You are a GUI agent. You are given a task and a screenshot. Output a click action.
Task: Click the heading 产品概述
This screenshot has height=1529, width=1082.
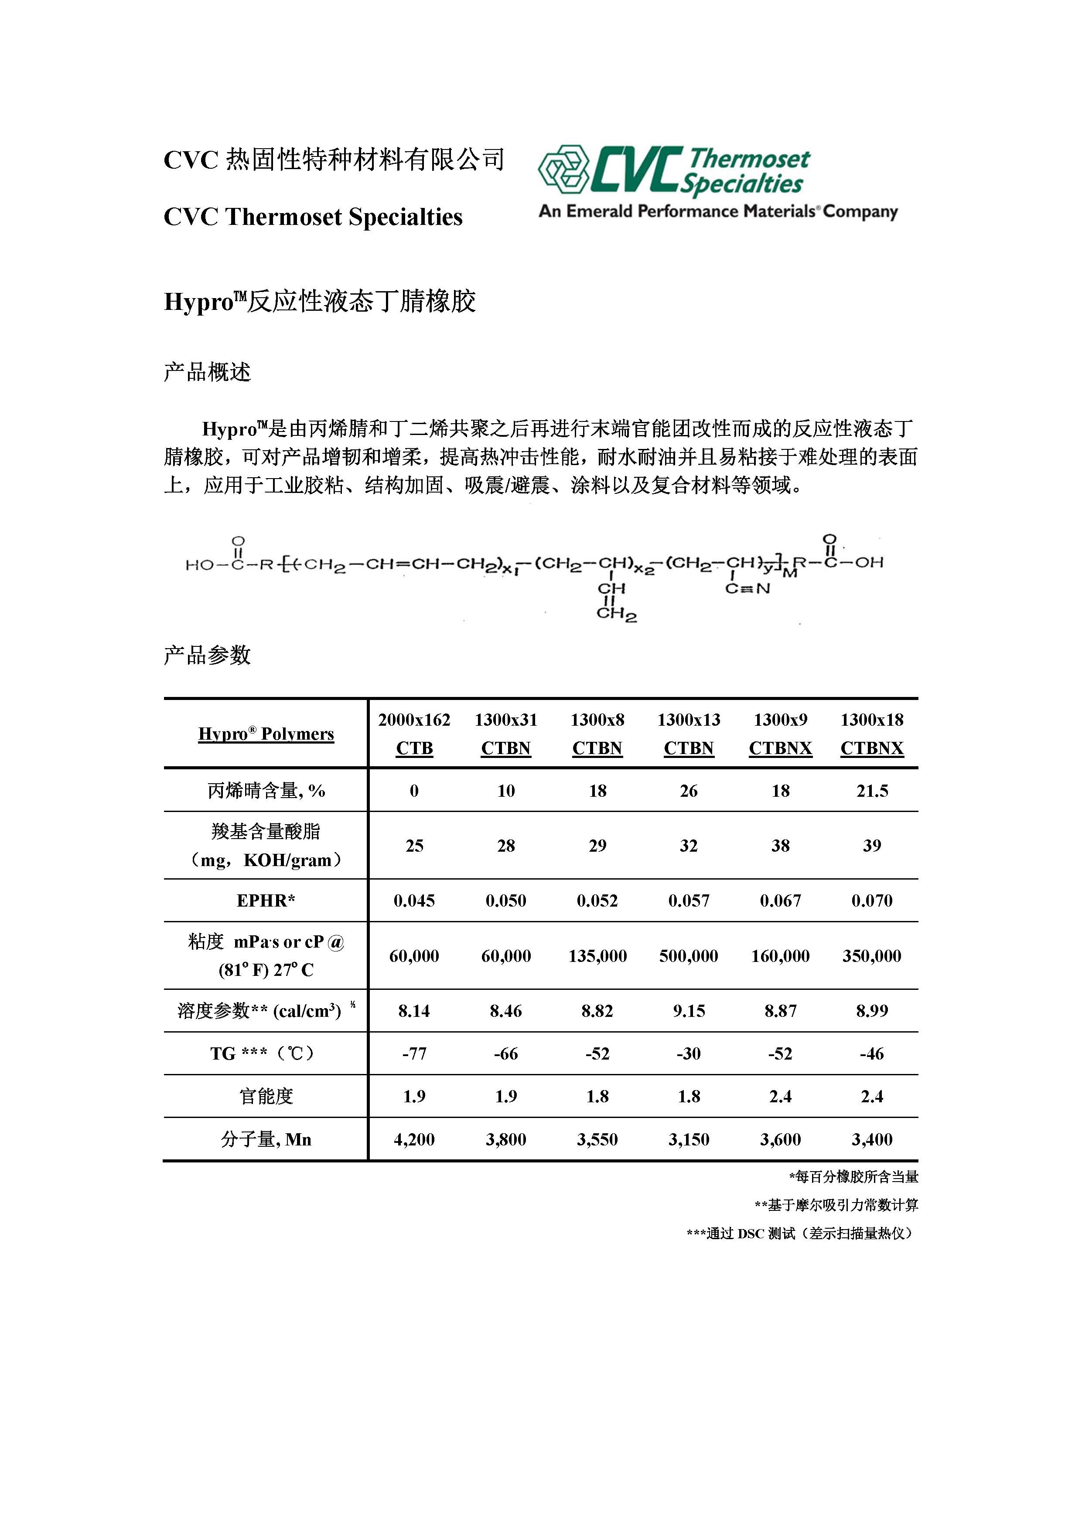207,372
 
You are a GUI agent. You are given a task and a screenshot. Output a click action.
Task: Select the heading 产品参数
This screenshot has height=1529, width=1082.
207,655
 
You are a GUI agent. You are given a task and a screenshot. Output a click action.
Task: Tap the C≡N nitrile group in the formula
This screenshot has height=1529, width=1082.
748,589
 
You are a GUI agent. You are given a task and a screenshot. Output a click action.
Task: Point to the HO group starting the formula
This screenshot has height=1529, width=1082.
198,565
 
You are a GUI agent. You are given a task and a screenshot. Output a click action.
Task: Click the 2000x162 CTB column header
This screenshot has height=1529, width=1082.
414,734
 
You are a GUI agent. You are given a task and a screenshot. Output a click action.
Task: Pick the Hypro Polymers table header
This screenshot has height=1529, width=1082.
266,734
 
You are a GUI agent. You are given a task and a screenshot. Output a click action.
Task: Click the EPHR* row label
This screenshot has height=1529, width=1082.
266,900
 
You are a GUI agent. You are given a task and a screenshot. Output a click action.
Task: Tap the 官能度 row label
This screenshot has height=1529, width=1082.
266,1096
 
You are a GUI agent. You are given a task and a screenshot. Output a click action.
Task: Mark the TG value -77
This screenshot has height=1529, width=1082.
414,1053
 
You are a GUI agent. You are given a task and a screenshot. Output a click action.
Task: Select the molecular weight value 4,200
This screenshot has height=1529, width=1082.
414,1139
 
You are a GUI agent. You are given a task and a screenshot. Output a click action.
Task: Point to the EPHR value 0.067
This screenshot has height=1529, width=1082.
780,901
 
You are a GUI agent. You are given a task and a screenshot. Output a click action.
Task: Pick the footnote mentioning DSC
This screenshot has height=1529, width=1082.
802,1233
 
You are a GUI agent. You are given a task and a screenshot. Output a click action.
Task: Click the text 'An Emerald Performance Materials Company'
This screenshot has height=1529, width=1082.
717,212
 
